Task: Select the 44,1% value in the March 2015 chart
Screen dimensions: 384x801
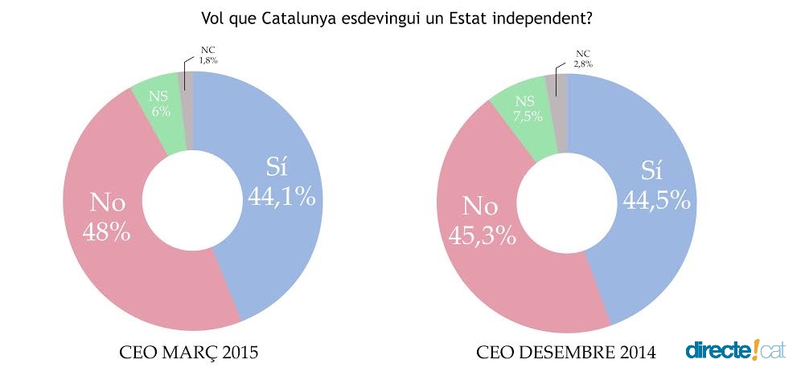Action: pyautogui.click(x=281, y=196)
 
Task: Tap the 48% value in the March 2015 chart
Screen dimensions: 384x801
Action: pyautogui.click(x=106, y=232)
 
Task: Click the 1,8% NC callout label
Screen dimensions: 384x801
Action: pyautogui.click(x=208, y=59)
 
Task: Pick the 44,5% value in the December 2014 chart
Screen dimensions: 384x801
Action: pyautogui.click(x=656, y=200)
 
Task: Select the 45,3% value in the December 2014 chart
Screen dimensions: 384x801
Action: pyautogui.click(x=481, y=235)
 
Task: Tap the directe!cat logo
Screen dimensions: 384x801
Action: pyautogui.click(x=735, y=349)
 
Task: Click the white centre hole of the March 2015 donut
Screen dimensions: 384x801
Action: pyautogui.click(x=191, y=200)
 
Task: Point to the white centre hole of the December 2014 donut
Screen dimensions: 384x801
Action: pyautogui.click(x=566, y=202)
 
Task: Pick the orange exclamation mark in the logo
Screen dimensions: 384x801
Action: pyautogui.click(x=757, y=349)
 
